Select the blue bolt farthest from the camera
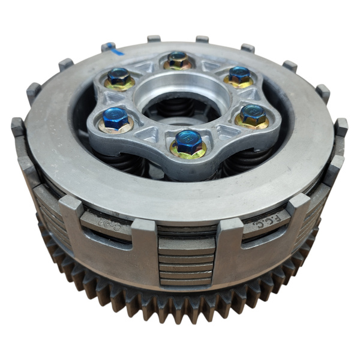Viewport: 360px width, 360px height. click(x=177, y=59)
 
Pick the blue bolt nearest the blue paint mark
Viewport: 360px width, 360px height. click(x=118, y=76)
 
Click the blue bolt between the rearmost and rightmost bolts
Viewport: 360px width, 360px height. click(x=239, y=74)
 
